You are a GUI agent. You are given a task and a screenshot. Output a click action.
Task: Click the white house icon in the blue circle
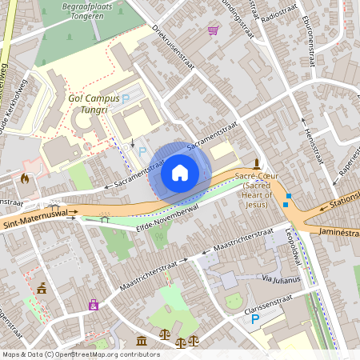(x=180, y=173)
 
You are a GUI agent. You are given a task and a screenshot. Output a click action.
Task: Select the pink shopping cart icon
(x=213, y=30)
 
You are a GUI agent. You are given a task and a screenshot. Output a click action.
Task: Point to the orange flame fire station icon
(x=25, y=178)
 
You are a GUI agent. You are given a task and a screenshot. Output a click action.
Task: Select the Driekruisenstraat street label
(x=174, y=48)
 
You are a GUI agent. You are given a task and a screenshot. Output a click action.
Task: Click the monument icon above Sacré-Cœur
(x=256, y=162)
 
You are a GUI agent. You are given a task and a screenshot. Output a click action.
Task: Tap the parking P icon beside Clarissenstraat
(x=255, y=318)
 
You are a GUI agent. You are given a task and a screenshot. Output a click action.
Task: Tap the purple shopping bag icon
(x=94, y=305)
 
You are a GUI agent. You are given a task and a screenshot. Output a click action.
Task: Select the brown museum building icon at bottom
(x=142, y=342)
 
